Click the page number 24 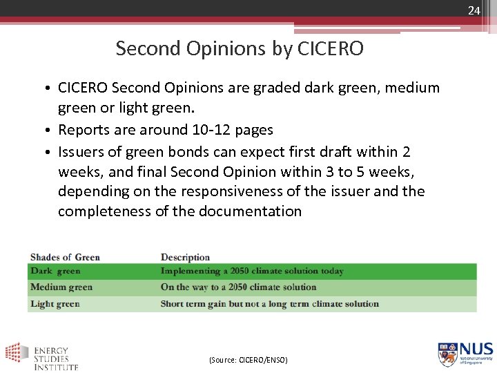click(x=474, y=10)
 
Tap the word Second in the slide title click(x=143, y=48)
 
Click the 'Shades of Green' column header click(x=65, y=258)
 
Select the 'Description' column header click(x=185, y=258)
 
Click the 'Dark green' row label click(x=55, y=271)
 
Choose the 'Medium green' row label click(x=61, y=287)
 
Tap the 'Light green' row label click(x=55, y=304)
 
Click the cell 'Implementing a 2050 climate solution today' click(x=252, y=271)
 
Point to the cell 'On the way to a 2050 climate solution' click(x=238, y=287)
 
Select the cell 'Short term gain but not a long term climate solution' click(x=269, y=304)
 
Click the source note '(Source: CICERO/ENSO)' click(x=248, y=360)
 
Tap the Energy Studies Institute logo click(x=41, y=356)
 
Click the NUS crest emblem click(x=447, y=354)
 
